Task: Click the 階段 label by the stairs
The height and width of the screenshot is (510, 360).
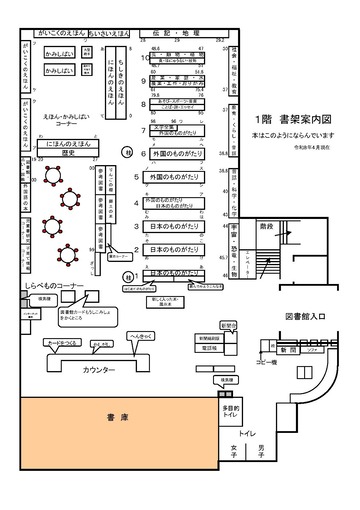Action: pyautogui.click(x=265, y=226)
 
